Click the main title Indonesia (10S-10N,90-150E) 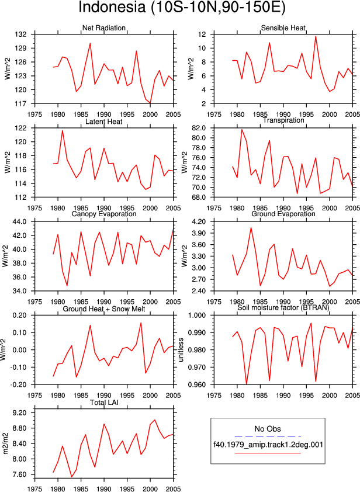pos(182,7)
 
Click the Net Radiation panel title pos(104,28)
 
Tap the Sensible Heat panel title pos(283,28)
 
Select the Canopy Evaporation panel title pos(104,214)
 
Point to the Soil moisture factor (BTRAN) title pos(283,307)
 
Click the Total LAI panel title pos(104,402)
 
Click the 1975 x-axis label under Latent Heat pos(34,207)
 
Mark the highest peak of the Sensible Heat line pos(316,36)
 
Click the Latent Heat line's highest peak pos(63,130)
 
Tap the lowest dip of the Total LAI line pos(71,477)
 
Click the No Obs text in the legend pos(268,429)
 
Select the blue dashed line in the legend pos(268,436)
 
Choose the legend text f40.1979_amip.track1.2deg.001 pos(268,445)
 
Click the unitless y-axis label pos(181,350)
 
